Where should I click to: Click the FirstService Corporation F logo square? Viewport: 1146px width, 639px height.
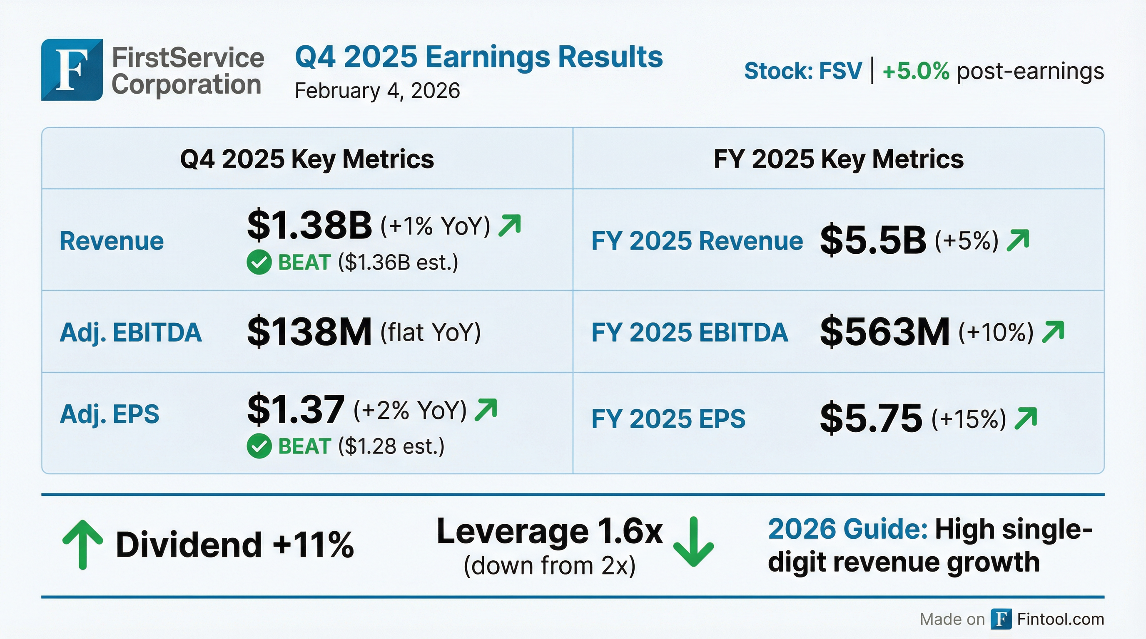point(72,70)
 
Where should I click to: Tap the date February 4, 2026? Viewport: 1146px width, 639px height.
point(377,91)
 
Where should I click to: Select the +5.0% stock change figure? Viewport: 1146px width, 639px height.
point(916,71)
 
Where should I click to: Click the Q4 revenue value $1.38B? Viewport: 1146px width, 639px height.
point(309,225)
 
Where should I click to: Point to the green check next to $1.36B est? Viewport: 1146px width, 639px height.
point(259,262)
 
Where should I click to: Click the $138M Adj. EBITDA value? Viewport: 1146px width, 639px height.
point(309,332)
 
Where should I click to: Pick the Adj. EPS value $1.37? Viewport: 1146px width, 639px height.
point(296,409)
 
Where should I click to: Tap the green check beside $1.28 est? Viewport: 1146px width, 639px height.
point(259,446)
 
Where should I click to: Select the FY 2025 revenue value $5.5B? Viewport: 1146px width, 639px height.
point(873,241)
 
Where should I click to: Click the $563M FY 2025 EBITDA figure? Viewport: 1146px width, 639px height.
point(884,332)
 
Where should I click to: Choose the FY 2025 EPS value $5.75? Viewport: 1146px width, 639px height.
point(871,418)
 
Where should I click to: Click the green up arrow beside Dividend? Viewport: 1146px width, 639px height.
point(82,544)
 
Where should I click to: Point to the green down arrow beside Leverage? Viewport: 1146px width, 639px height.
point(693,542)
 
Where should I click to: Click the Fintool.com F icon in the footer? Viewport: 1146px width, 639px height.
point(1001,619)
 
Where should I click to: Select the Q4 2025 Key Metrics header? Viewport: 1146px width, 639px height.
point(307,159)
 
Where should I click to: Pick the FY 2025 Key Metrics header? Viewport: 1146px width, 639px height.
point(838,159)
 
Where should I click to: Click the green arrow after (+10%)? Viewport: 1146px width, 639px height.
point(1053,332)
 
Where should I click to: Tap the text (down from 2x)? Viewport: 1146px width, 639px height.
point(549,566)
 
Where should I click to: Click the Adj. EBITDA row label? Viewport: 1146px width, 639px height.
point(131,332)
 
